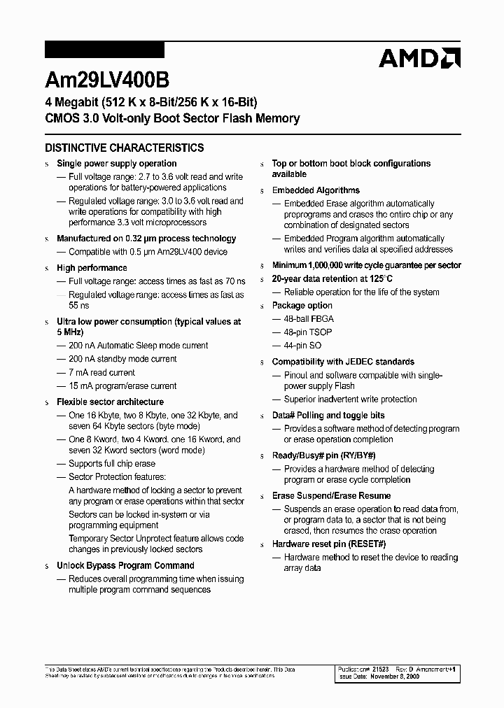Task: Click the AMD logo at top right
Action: click(x=419, y=58)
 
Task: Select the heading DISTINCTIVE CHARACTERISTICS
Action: click(x=125, y=148)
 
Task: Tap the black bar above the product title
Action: click(x=104, y=50)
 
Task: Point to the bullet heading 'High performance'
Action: click(x=92, y=268)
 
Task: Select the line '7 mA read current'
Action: click(x=101, y=373)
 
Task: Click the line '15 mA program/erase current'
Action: click(x=122, y=386)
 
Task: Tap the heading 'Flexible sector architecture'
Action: click(x=110, y=402)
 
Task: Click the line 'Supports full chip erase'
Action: click(x=112, y=464)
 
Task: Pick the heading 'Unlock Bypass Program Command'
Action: click(x=125, y=565)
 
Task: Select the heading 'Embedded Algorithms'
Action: click(x=316, y=190)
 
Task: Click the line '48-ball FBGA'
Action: click(x=309, y=319)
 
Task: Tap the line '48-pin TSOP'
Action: click(x=308, y=332)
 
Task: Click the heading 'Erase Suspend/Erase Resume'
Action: click(x=331, y=496)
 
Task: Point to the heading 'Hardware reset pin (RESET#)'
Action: click(x=329, y=544)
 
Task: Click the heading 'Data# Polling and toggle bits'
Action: click(x=328, y=416)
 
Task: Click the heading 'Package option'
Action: click(x=302, y=306)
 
